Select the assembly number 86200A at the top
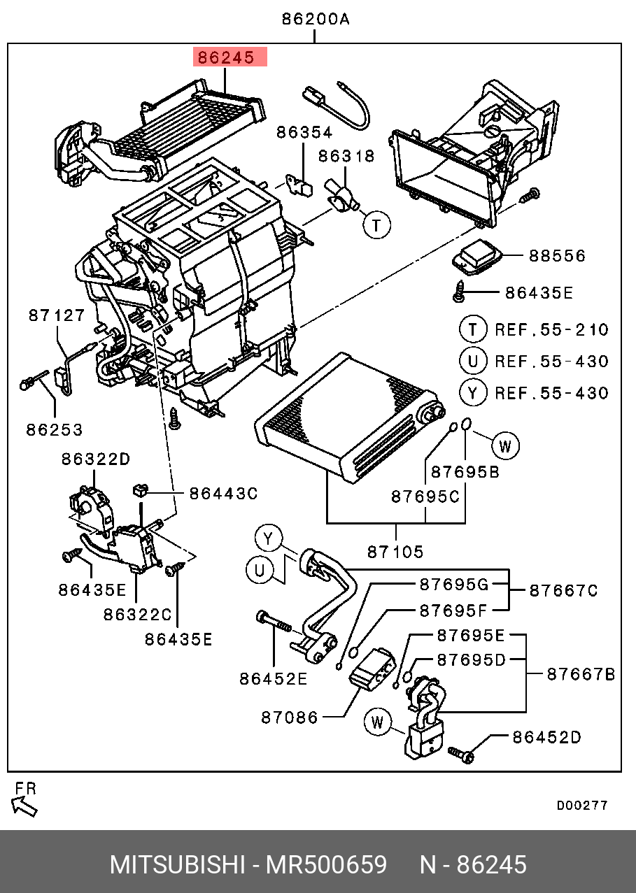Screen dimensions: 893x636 click(315, 20)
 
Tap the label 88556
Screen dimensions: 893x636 click(557, 256)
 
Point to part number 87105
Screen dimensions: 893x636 click(395, 552)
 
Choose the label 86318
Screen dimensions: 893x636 click(347, 157)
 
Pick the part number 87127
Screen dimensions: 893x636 click(57, 316)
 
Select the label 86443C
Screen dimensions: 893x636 click(223, 494)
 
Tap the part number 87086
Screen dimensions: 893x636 click(290, 717)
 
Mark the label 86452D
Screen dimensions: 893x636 click(546, 737)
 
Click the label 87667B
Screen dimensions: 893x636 click(581, 674)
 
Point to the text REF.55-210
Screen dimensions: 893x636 click(552, 330)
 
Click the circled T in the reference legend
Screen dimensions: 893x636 click(473, 329)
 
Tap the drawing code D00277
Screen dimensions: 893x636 click(582, 806)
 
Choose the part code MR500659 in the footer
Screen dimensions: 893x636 click(325, 865)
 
